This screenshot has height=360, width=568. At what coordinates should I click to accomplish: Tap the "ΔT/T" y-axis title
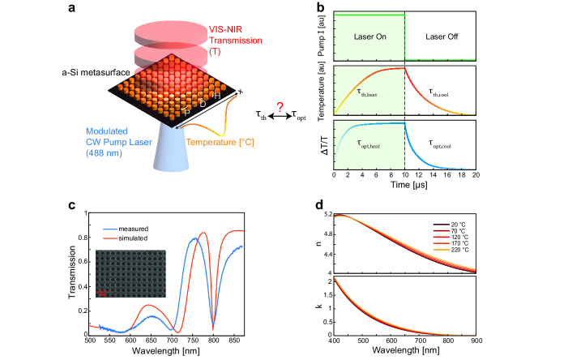[321, 143]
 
